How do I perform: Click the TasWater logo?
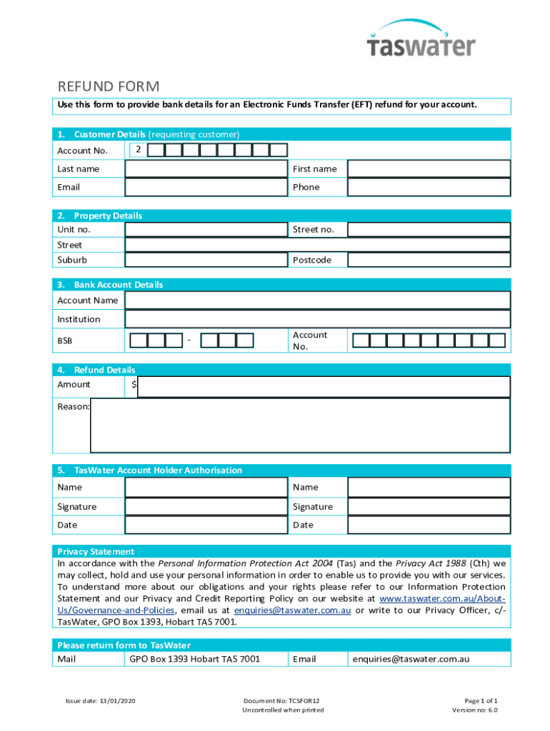pos(420,40)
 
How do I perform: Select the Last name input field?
pos(206,169)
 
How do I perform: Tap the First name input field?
pos(429,169)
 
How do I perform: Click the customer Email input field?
pos(206,187)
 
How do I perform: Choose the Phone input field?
pos(429,187)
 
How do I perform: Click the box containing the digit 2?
pos(139,150)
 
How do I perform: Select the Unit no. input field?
pos(206,230)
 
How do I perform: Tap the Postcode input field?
pos(429,260)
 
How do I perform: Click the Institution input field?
pos(318,319)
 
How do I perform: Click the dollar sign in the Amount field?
pos(134,385)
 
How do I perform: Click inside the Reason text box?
pos(300,425)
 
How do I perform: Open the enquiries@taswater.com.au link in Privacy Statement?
pos(292,610)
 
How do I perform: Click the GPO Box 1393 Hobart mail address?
pos(194,659)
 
